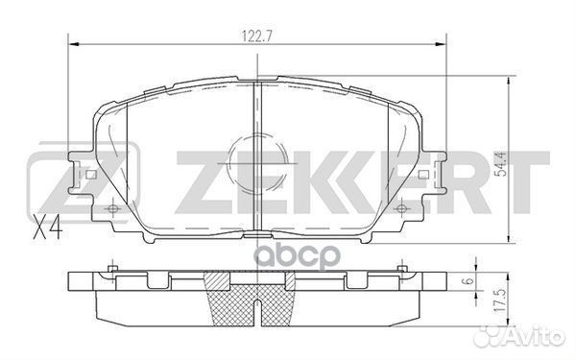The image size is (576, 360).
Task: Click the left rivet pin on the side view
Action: [x=113, y=268]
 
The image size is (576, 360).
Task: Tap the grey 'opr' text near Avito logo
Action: [x=476, y=338]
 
